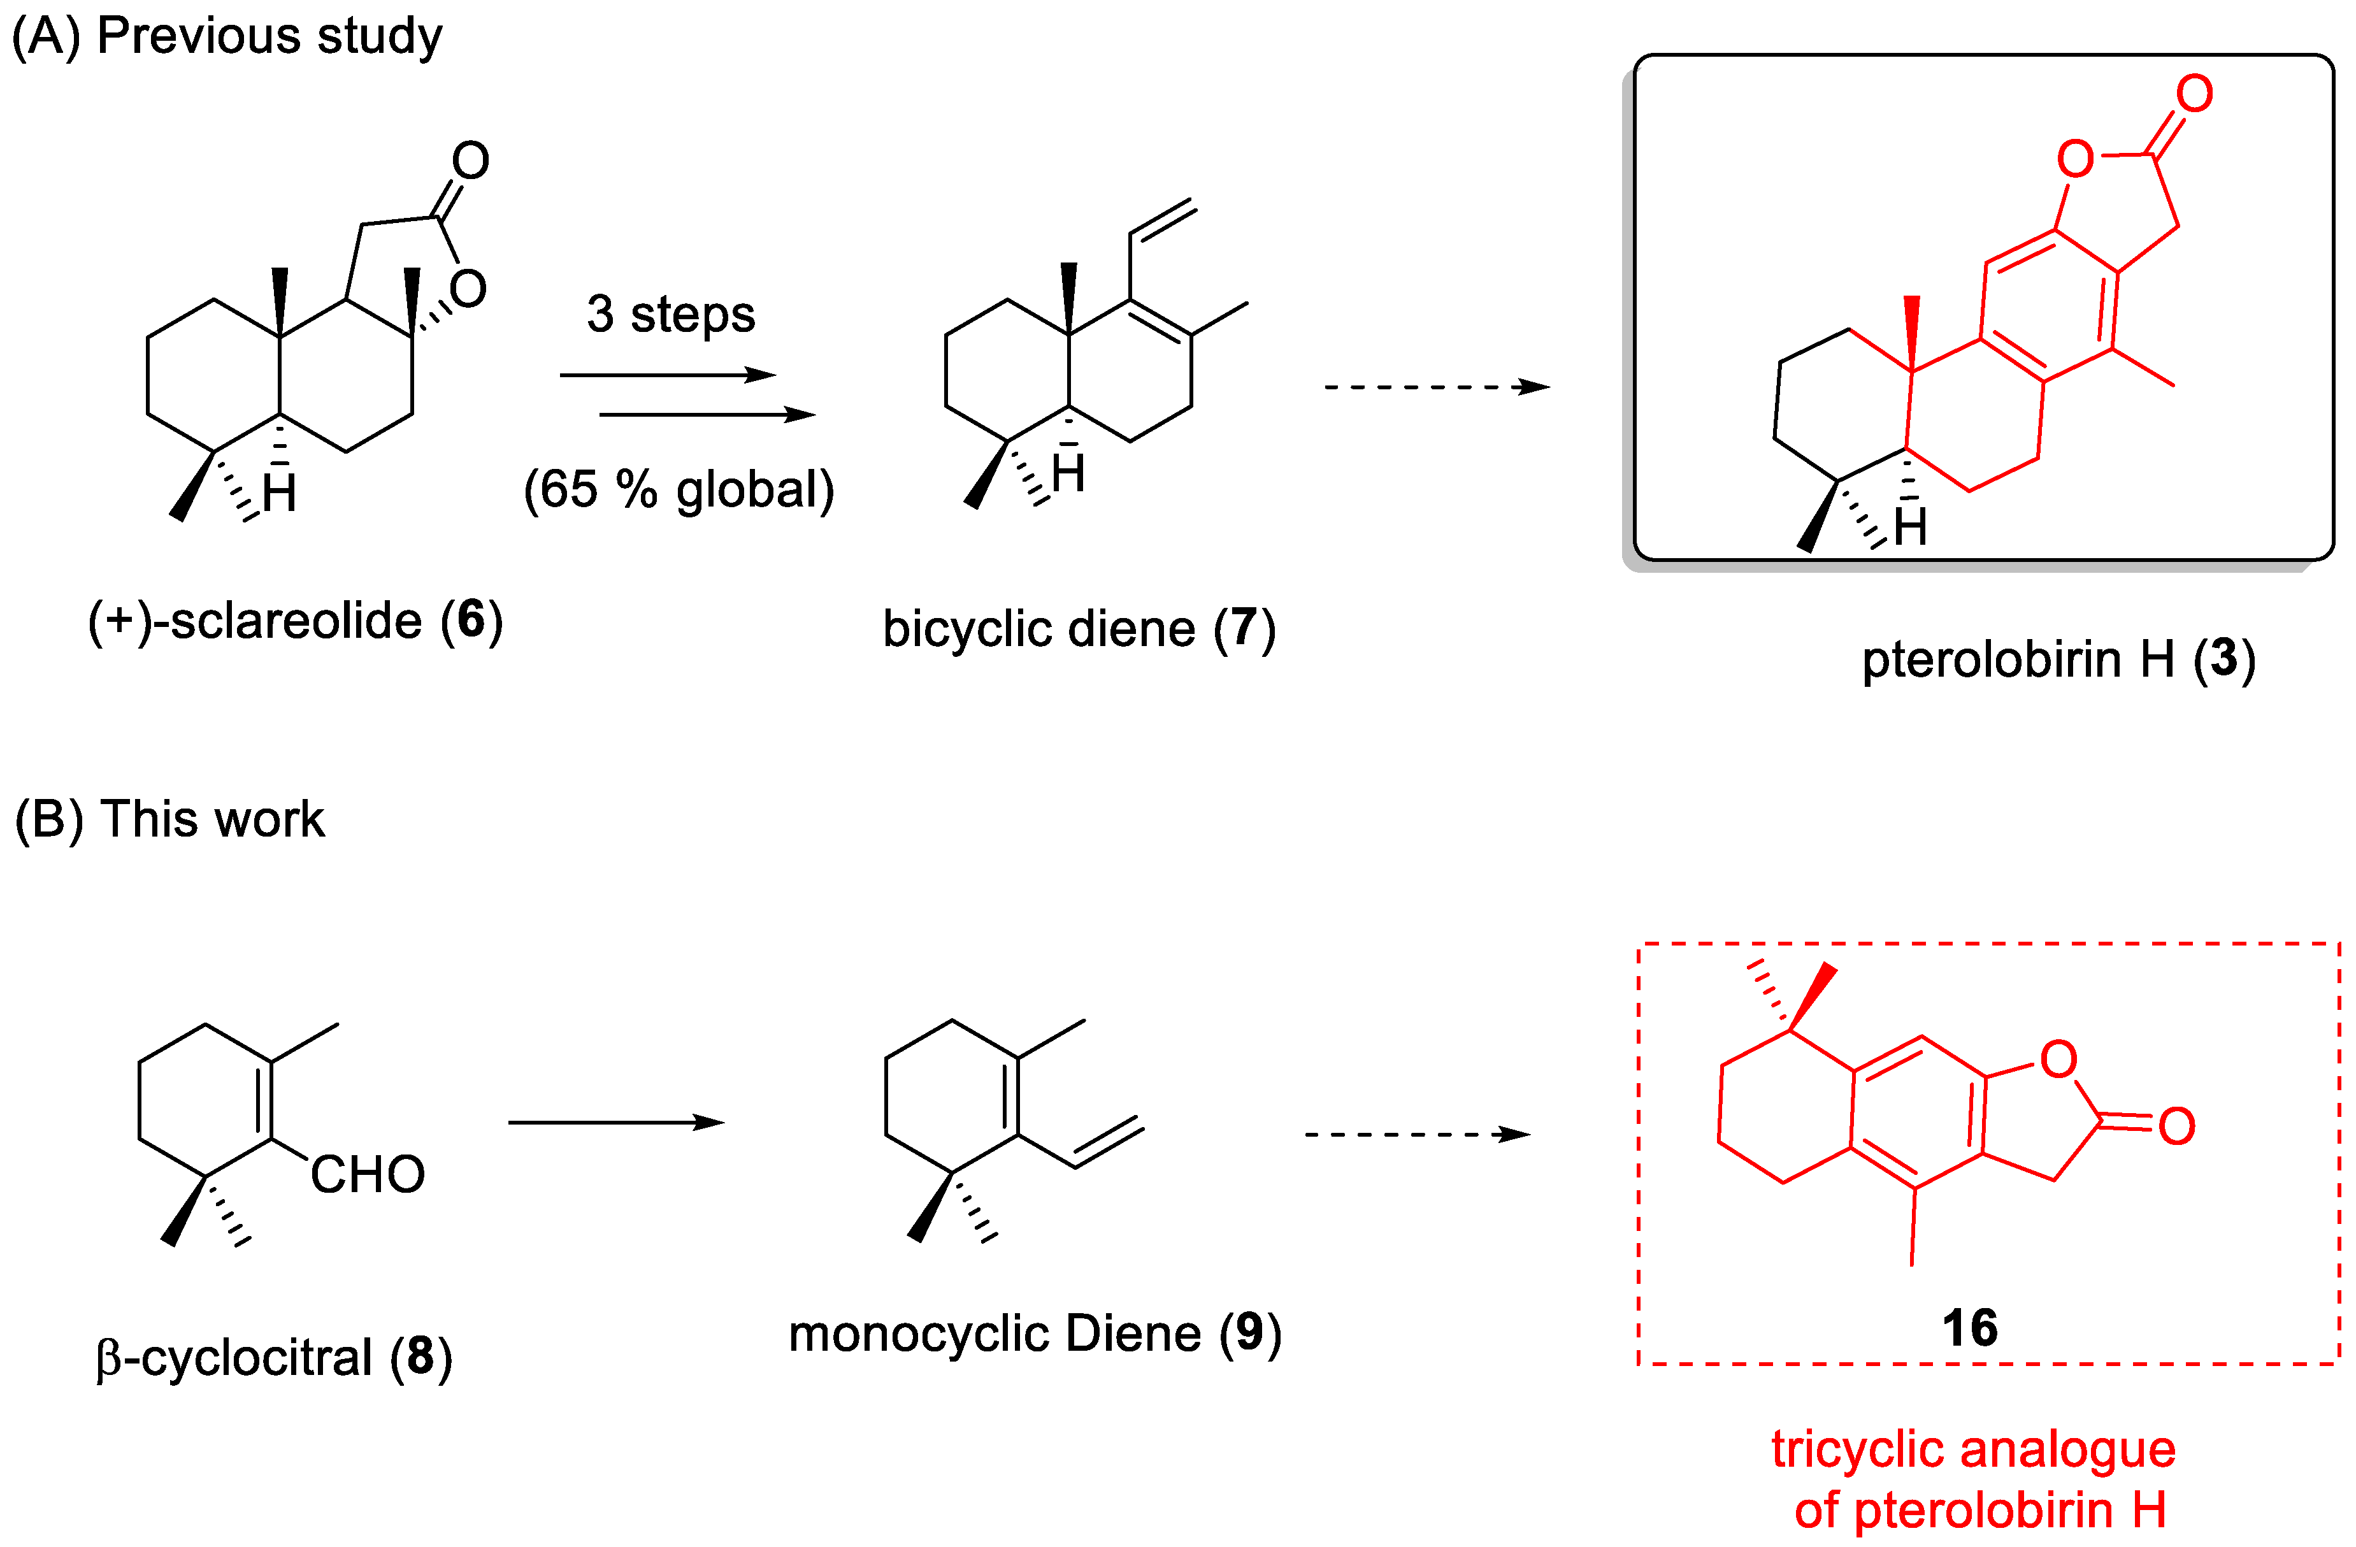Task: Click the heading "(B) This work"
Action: (169, 819)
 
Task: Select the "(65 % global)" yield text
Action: (679, 489)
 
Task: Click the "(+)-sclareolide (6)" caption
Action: (295, 621)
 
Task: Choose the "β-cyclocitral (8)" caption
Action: (274, 1357)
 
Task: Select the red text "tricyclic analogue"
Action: (1973, 1449)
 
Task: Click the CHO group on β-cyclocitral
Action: (367, 1175)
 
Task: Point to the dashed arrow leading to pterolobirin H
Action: (1437, 387)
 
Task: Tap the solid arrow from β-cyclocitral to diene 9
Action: (615, 1123)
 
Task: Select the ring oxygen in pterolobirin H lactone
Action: (2075, 159)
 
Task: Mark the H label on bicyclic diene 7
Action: (1069, 474)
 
